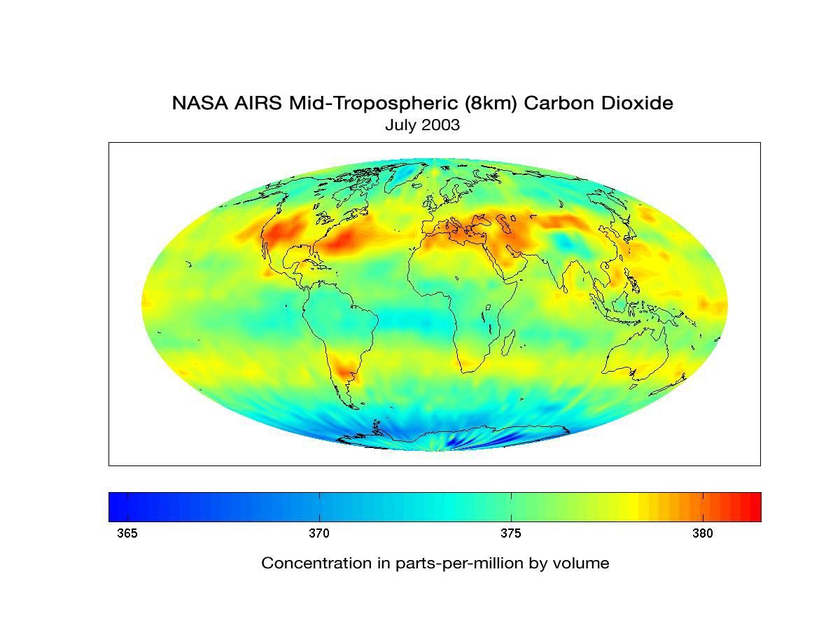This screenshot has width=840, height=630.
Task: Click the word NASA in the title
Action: (x=197, y=104)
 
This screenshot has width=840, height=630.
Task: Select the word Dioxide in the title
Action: (x=638, y=104)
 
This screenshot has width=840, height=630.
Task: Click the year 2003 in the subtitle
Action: (x=440, y=125)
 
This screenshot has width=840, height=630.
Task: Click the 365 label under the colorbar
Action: (x=127, y=533)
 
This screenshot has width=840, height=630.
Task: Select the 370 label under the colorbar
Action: (x=319, y=533)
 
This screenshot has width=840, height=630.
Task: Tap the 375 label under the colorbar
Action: (x=511, y=533)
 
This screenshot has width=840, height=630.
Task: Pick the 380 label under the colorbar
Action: (x=703, y=533)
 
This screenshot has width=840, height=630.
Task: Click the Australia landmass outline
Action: (x=633, y=357)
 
